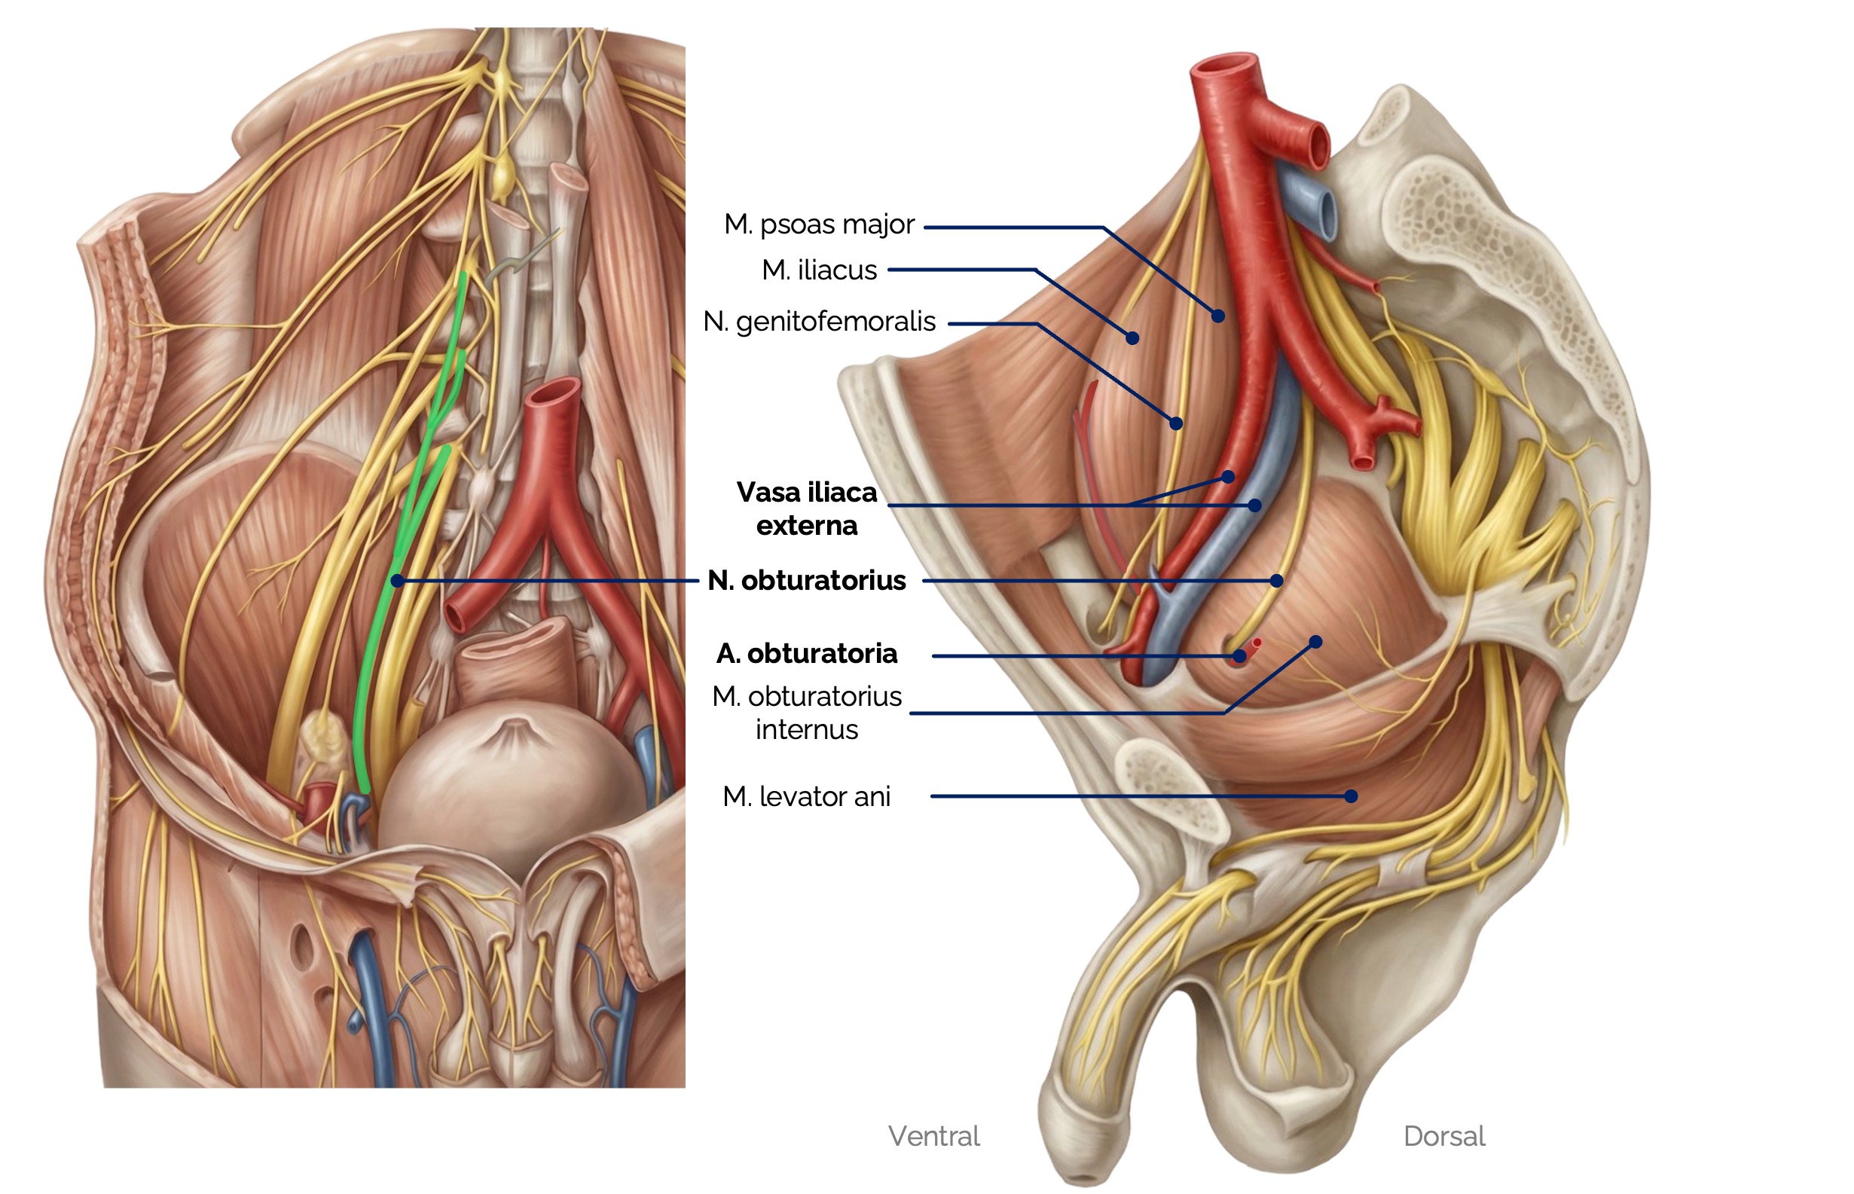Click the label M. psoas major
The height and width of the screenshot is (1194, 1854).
819,224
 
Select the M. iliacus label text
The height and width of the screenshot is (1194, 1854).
819,270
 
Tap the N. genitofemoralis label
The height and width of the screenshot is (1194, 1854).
819,322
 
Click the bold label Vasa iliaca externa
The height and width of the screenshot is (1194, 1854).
806,508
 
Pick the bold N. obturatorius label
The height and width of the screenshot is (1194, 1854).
806,581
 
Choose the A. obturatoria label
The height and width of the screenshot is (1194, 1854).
806,654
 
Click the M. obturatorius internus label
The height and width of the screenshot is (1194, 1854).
806,713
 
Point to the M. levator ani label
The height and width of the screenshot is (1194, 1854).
806,796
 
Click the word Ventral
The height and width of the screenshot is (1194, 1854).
933,1136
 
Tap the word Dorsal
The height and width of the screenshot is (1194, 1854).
1444,1136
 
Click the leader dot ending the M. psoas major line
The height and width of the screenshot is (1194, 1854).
1218,316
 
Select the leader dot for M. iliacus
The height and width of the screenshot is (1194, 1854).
1132,338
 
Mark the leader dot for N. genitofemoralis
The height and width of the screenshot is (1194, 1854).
1176,423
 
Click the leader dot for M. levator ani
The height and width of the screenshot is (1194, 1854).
1351,796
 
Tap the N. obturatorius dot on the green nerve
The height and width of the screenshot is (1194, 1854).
397,581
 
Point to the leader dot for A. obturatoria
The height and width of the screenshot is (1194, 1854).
1239,656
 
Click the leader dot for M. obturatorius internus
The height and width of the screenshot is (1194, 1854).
1316,642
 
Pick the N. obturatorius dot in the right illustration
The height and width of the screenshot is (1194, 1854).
1276,581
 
